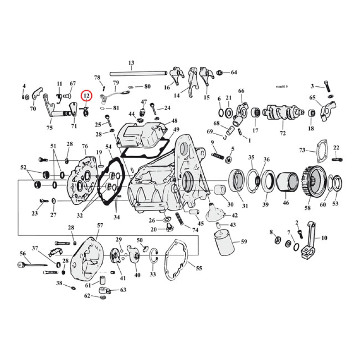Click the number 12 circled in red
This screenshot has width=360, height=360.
point(86,96)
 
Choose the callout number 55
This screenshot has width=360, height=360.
point(198,268)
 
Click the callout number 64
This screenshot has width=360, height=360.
point(234,72)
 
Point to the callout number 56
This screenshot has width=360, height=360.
point(22,254)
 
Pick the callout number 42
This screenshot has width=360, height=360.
point(234,216)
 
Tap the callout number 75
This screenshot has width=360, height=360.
point(49,128)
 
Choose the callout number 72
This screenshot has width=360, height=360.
point(283,134)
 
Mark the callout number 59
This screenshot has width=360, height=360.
point(244,242)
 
